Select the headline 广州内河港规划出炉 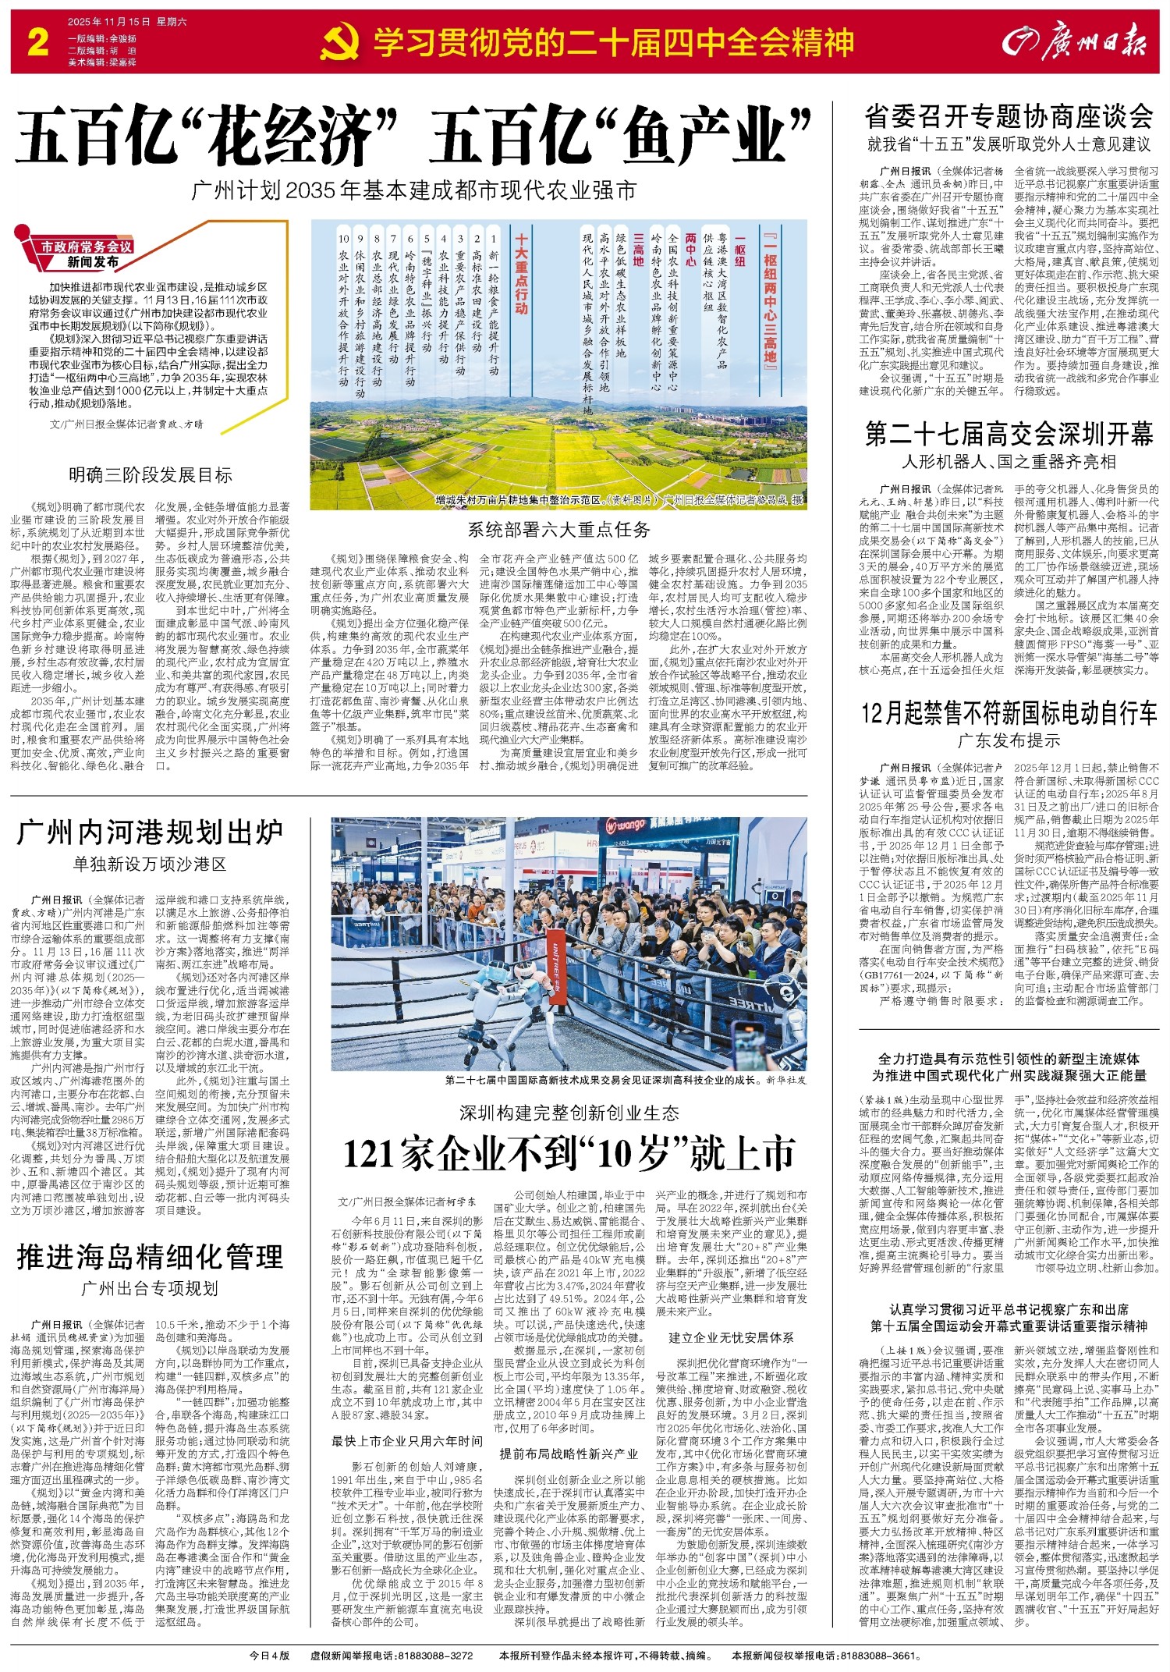click(151, 833)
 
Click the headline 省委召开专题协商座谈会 click(1009, 117)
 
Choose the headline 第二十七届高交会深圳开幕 click(1009, 434)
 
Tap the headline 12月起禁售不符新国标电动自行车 click(1009, 712)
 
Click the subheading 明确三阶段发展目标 click(151, 475)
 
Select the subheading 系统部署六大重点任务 click(558, 531)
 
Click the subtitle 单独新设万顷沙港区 click(151, 864)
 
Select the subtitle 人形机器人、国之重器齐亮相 click(1009, 462)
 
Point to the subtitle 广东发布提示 click(1009, 740)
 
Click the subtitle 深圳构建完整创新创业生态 click(569, 1113)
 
